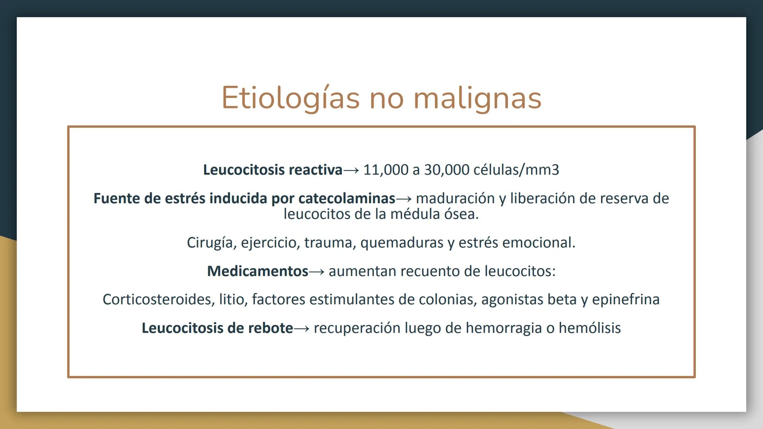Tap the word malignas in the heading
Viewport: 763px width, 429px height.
[477, 98]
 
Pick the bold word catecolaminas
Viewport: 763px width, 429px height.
[347, 199]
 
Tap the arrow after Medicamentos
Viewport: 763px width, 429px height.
[317, 272]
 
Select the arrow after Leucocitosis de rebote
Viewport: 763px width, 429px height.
[302, 329]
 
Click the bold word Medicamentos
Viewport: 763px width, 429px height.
[258, 271]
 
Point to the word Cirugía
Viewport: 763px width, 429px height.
[210, 243]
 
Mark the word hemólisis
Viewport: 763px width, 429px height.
[589, 328]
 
